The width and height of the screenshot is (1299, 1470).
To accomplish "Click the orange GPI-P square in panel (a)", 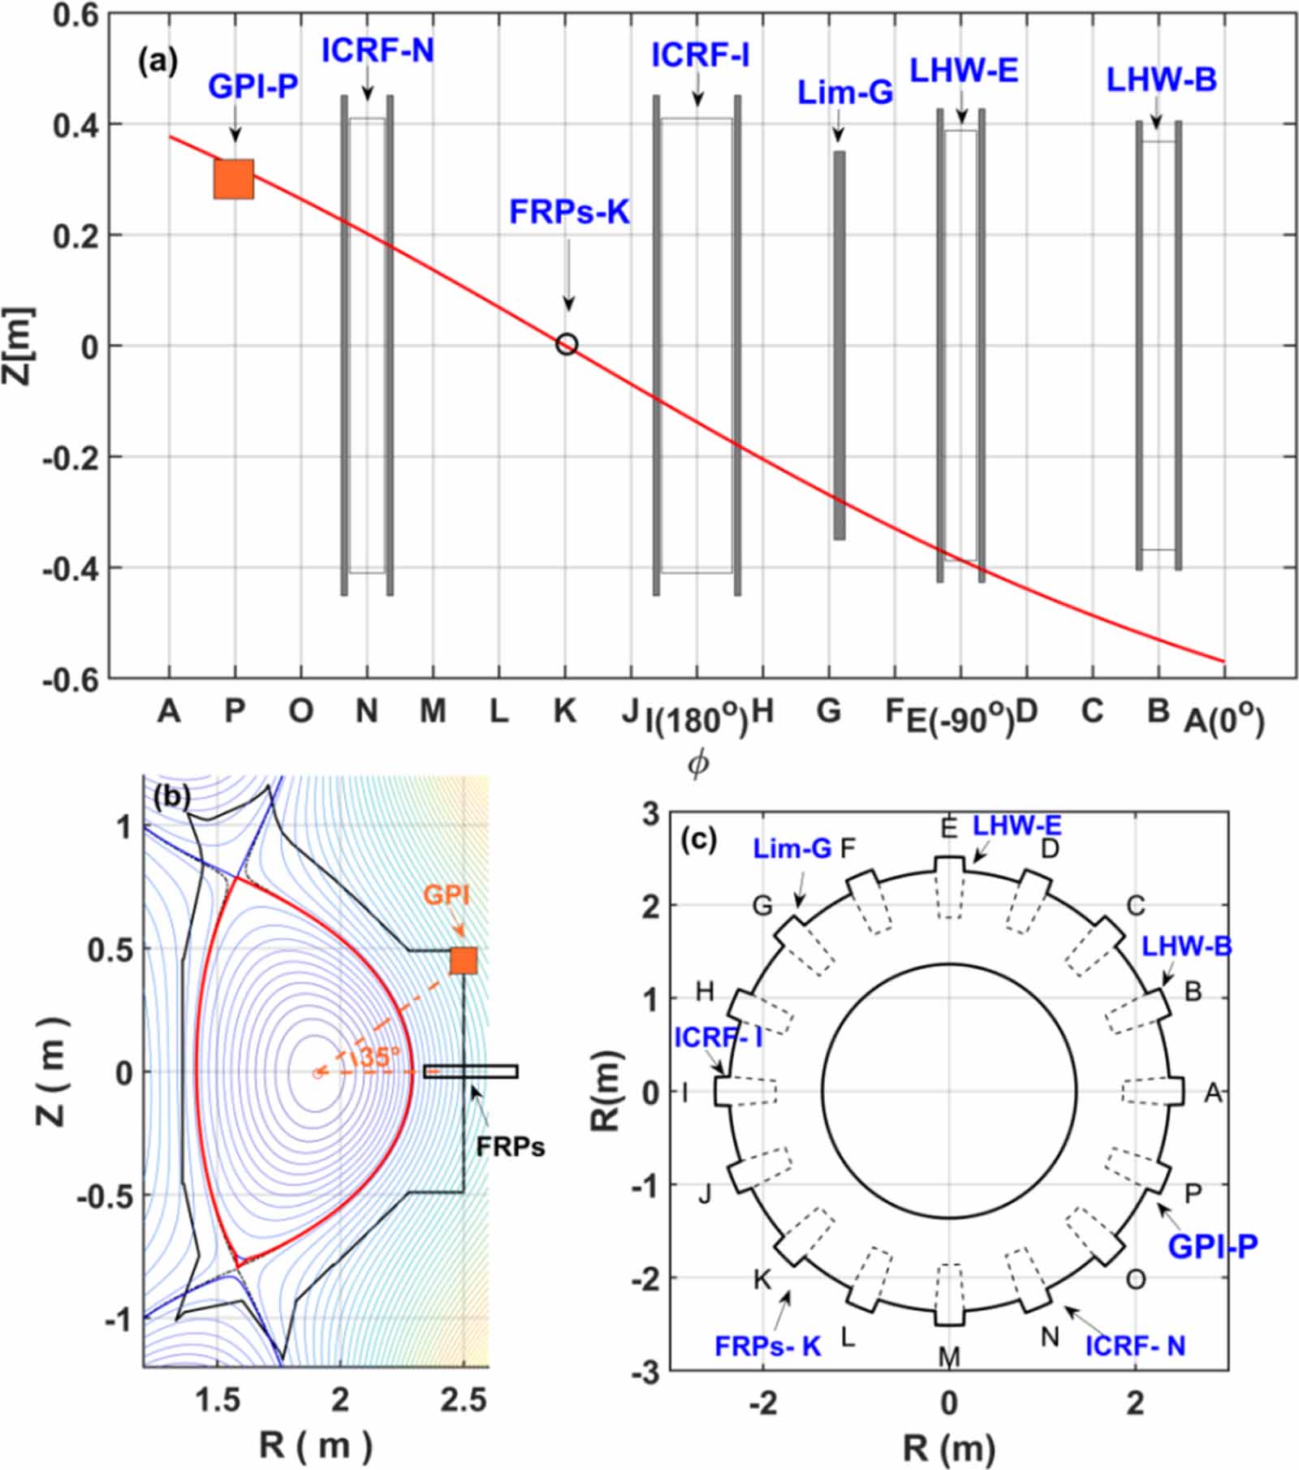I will [x=234, y=179].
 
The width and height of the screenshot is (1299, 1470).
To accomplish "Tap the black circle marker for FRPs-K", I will [x=567, y=344].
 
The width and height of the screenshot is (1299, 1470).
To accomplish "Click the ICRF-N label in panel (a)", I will [x=378, y=51].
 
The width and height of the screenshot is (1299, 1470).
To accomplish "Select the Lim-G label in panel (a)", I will [x=844, y=93].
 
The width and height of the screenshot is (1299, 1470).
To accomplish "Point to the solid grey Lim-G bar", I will [x=839, y=345].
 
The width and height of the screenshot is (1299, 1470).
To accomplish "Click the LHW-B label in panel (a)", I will [x=1161, y=80].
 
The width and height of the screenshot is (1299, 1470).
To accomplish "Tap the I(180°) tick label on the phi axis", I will [x=696, y=719].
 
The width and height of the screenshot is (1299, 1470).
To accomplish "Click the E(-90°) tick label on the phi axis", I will [x=960, y=719].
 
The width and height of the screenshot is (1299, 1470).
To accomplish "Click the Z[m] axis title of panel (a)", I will [x=18, y=345].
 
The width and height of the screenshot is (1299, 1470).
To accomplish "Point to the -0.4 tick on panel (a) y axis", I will [x=70, y=568].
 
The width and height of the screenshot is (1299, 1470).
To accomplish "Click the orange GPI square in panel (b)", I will [x=464, y=960].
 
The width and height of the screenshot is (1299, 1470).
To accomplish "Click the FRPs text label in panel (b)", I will [x=510, y=1146].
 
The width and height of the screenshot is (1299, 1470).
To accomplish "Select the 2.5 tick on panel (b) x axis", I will [x=463, y=1399].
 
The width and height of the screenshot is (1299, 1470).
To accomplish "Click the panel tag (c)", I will [x=699, y=839].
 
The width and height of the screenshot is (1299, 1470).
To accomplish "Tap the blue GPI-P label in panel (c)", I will [x=1212, y=1245].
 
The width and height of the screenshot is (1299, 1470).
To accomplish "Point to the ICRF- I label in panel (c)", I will [x=718, y=1037].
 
